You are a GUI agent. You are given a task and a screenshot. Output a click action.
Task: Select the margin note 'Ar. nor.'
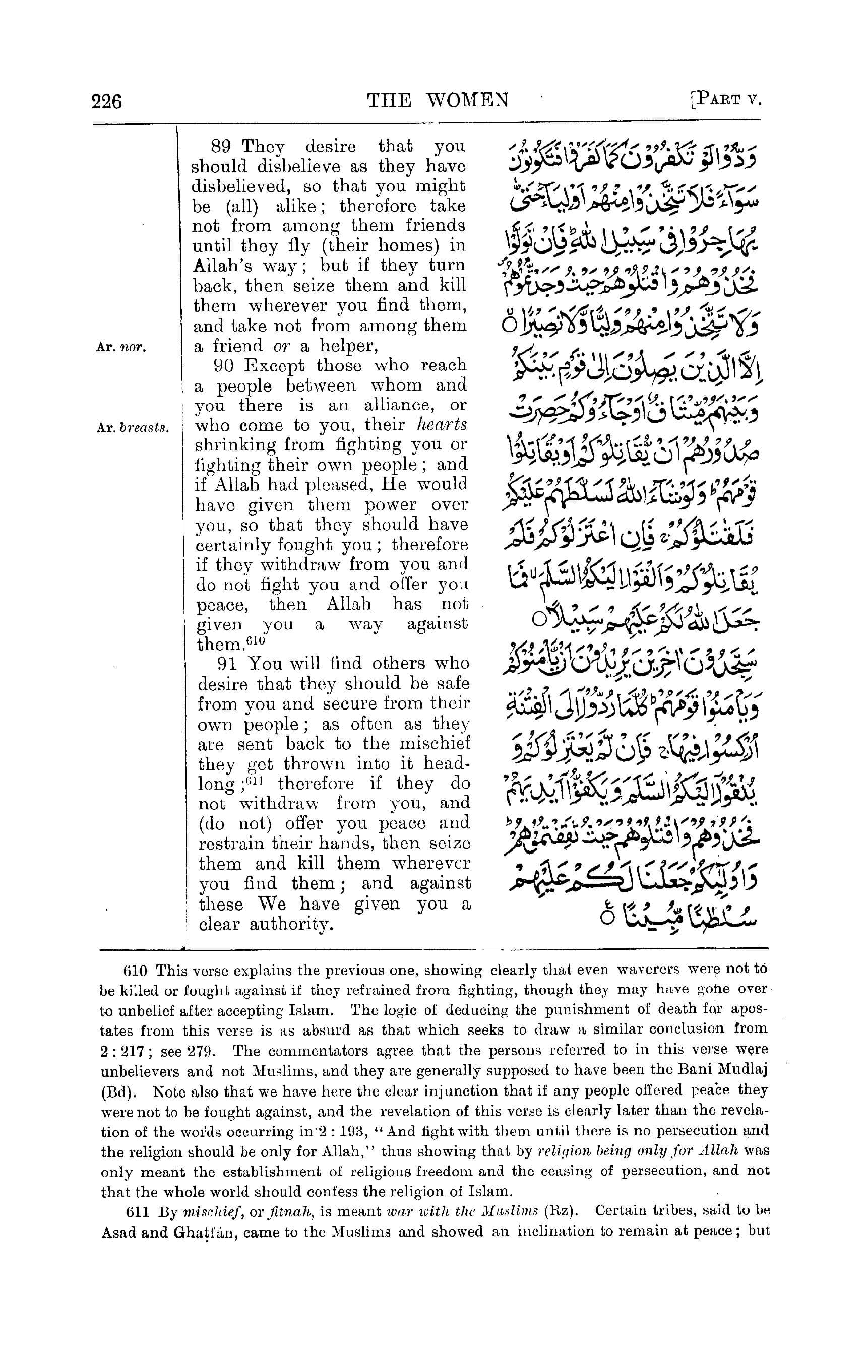[121, 347]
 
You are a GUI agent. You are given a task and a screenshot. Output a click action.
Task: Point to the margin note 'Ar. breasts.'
[133, 427]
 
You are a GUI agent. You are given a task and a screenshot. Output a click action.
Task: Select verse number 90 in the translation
[224, 366]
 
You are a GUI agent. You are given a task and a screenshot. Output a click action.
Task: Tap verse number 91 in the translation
[227, 664]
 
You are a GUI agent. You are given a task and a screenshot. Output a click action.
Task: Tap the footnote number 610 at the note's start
[135, 971]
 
